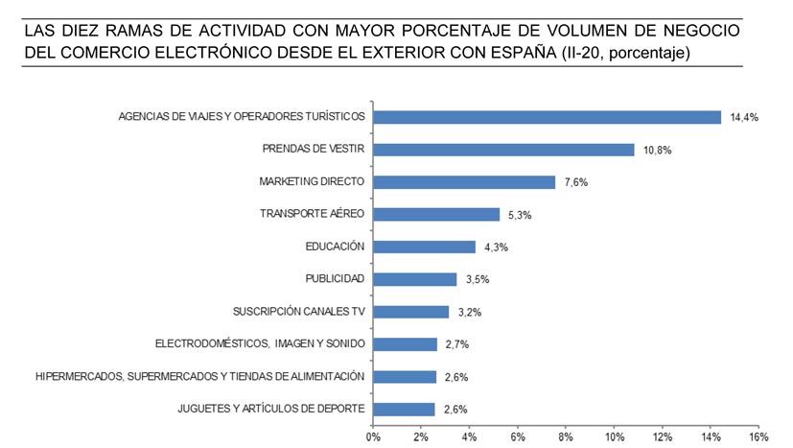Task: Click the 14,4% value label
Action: point(744,118)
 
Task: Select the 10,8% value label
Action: point(658,151)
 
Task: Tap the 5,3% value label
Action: point(519,216)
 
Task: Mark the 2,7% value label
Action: point(455,344)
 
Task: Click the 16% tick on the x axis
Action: point(758,436)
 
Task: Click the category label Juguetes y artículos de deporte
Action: point(271,409)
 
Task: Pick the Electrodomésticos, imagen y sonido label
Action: point(260,343)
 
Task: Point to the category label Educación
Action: point(335,247)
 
